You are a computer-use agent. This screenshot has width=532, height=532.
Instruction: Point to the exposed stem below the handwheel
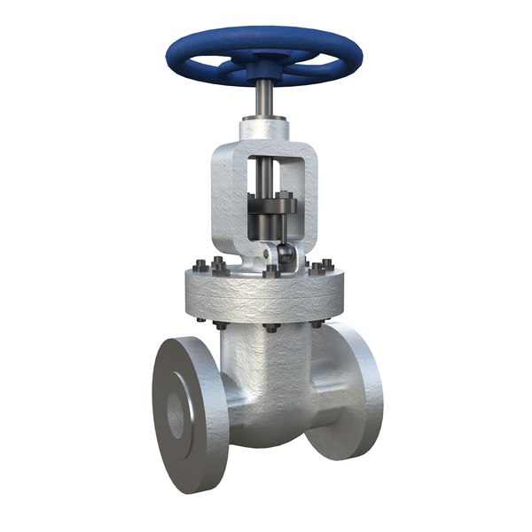pyautogui.click(x=263, y=98)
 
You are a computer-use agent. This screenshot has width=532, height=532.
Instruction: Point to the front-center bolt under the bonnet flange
pyautogui.click(x=268, y=328)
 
